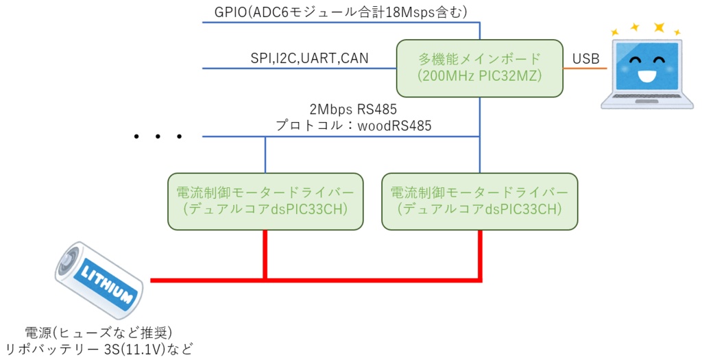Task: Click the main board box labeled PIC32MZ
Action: tap(479, 68)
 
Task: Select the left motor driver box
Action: tap(265, 201)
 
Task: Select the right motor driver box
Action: tap(479, 201)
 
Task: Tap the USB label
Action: tap(586, 60)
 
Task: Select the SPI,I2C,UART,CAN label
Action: tap(309, 58)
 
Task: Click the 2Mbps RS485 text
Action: tap(353, 110)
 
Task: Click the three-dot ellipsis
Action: tap(158, 137)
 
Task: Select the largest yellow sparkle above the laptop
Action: tap(659, 27)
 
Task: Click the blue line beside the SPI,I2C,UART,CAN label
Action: tap(226, 69)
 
